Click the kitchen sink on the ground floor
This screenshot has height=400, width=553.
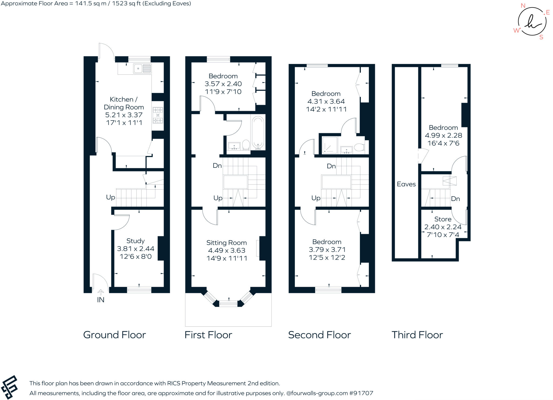[x=142, y=69]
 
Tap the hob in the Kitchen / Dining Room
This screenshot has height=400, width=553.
[x=158, y=115]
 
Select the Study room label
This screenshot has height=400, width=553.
[x=136, y=241]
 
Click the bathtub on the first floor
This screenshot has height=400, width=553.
[x=258, y=133]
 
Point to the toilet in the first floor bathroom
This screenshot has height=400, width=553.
[x=246, y=145]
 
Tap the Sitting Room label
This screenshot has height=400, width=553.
[x=227, y=243]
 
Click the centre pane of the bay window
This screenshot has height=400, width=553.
[x=228, y=304]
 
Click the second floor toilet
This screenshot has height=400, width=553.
[x=359, y=148]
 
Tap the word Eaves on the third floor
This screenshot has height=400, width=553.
[x=406, y=184]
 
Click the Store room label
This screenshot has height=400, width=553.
[x=443, y=219]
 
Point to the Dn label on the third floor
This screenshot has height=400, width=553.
[x=455, y=199]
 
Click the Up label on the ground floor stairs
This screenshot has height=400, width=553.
[x=110, y=197]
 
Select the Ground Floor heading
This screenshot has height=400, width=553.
[x=114, y=335]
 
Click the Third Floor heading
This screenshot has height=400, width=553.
[x=417, y=335]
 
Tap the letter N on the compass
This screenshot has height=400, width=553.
[x=523, y=6]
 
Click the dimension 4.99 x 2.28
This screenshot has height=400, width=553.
[x=443, y=135]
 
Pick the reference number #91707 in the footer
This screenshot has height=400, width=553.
[x=361, y=393]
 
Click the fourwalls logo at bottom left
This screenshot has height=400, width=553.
[x=9, y=387]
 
